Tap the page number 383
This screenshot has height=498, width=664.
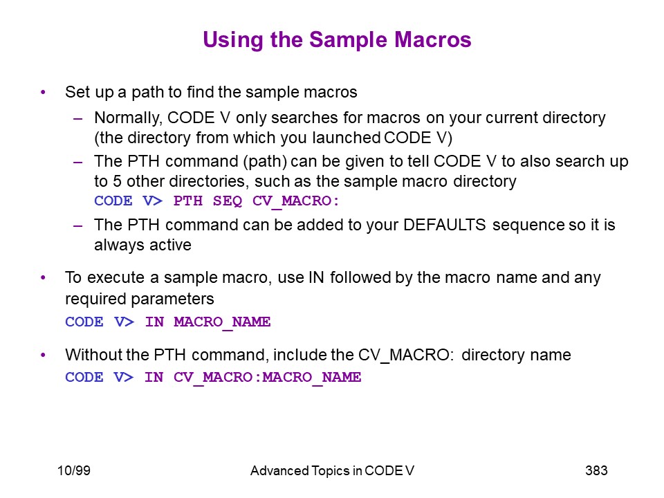point(596,470)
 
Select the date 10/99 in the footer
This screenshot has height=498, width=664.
point(74,470)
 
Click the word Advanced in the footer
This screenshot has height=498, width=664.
point(279,470)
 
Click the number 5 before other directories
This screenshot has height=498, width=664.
point(117,181)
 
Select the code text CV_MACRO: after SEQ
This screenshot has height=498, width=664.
point(295,201)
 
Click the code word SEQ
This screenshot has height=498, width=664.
point(228,201)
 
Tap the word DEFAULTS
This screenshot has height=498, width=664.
point(444,225)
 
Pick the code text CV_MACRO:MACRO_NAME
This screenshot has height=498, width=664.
point(267,378)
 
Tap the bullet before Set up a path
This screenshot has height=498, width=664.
point(43,92)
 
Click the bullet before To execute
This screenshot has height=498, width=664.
point(43,278)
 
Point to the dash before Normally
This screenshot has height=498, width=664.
point(78,118)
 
